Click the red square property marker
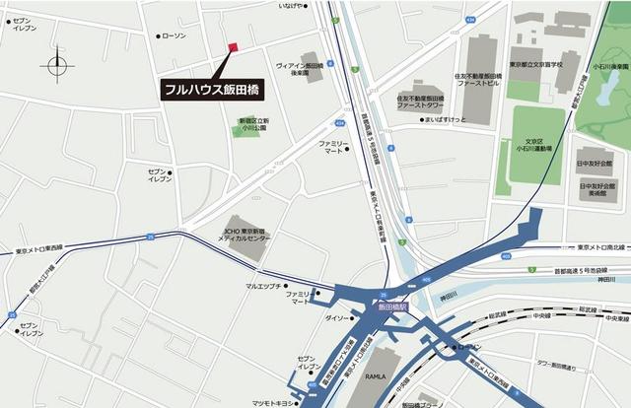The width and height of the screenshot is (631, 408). [x=234, y=46]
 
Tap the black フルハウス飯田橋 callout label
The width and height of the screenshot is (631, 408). [x=213, y=87]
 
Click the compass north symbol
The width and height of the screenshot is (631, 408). [x=57, y=65]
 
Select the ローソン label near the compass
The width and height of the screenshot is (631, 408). [x=172, y=36]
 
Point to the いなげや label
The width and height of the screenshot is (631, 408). [x=292, y=6]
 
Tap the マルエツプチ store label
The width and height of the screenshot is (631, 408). [x=264, y=286]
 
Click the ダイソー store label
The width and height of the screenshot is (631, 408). [x=337, y=318]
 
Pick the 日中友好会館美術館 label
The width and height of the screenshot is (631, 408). [x=596, y=189]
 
